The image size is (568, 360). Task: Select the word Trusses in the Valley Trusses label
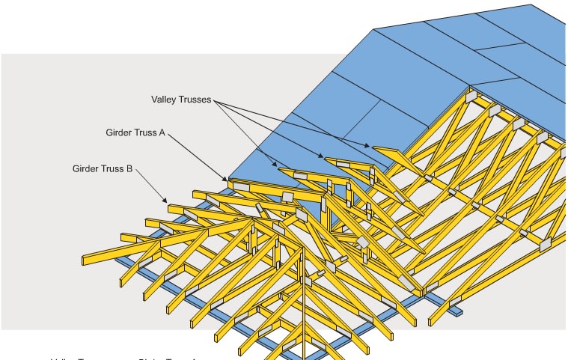click(195, 99)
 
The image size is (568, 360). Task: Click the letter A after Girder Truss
click(162, 133)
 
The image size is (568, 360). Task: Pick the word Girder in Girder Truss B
click(87, 169)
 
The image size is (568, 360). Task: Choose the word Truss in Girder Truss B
click(114, 169)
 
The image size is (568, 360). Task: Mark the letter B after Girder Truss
click(129, 169)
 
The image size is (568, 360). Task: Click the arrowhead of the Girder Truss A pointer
click(227, 180)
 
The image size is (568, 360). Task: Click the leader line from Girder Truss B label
click(150, 186)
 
